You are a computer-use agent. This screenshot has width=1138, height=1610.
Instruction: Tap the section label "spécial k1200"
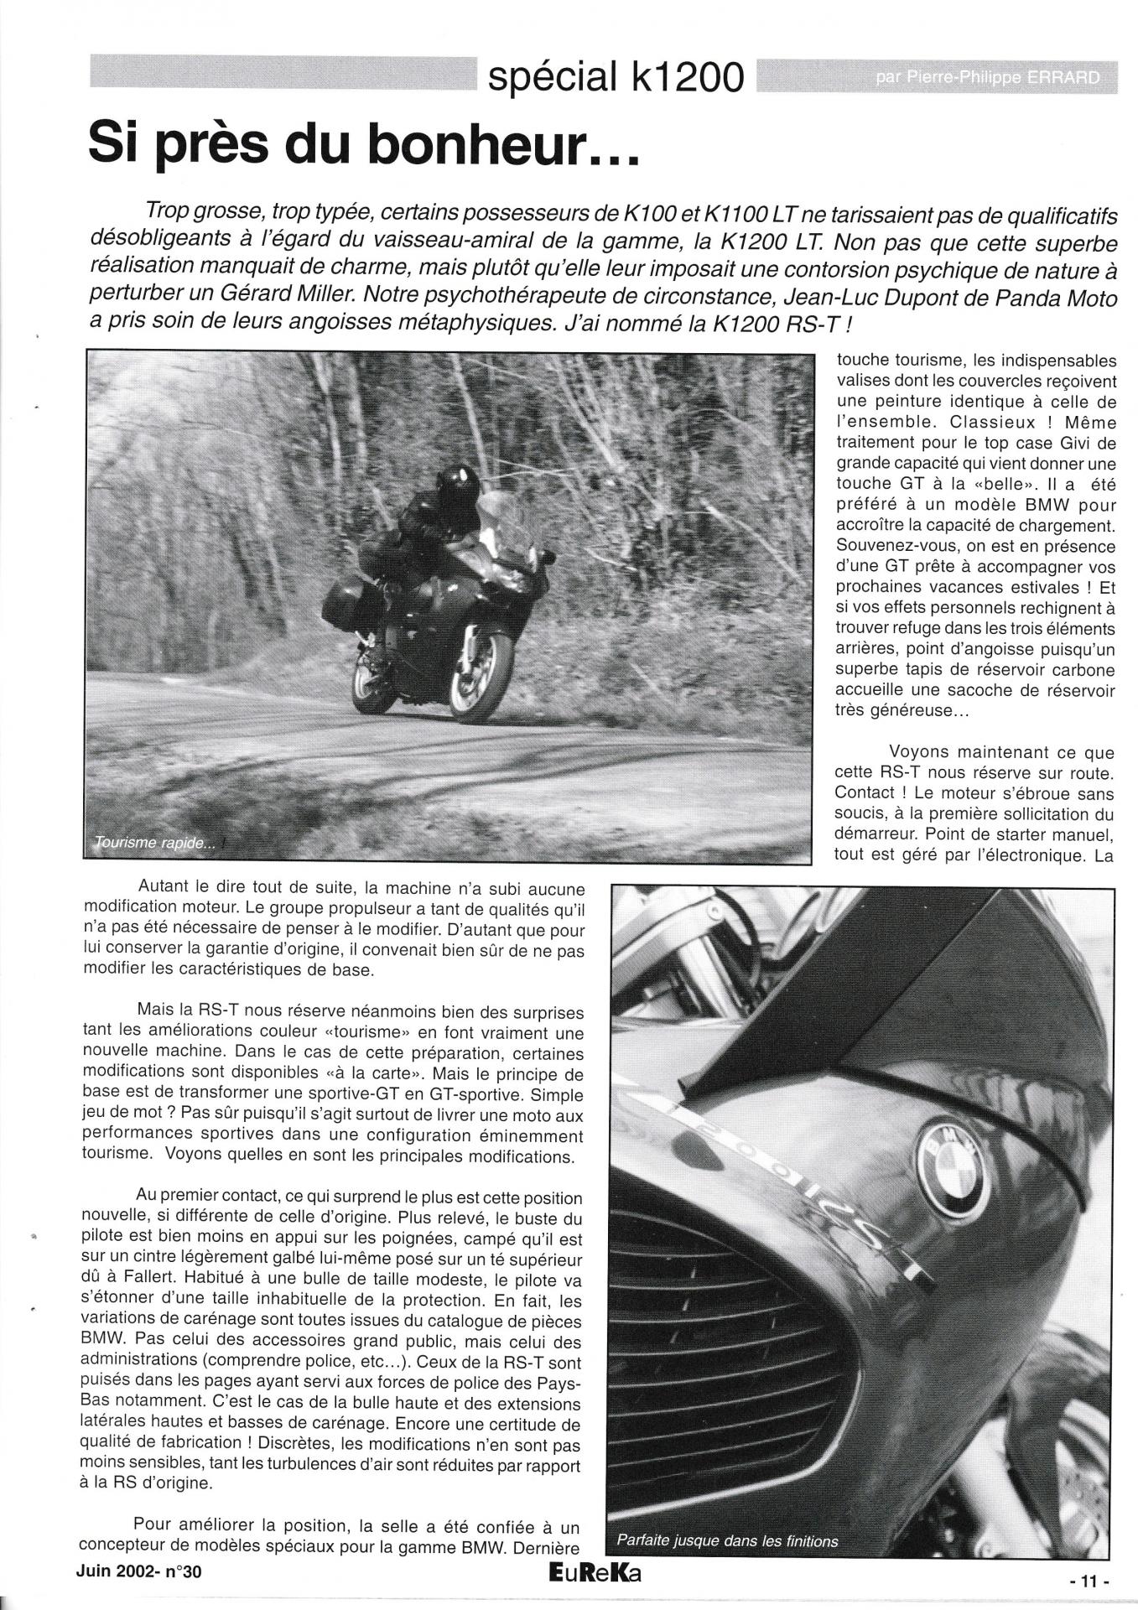tap(616, 78)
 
